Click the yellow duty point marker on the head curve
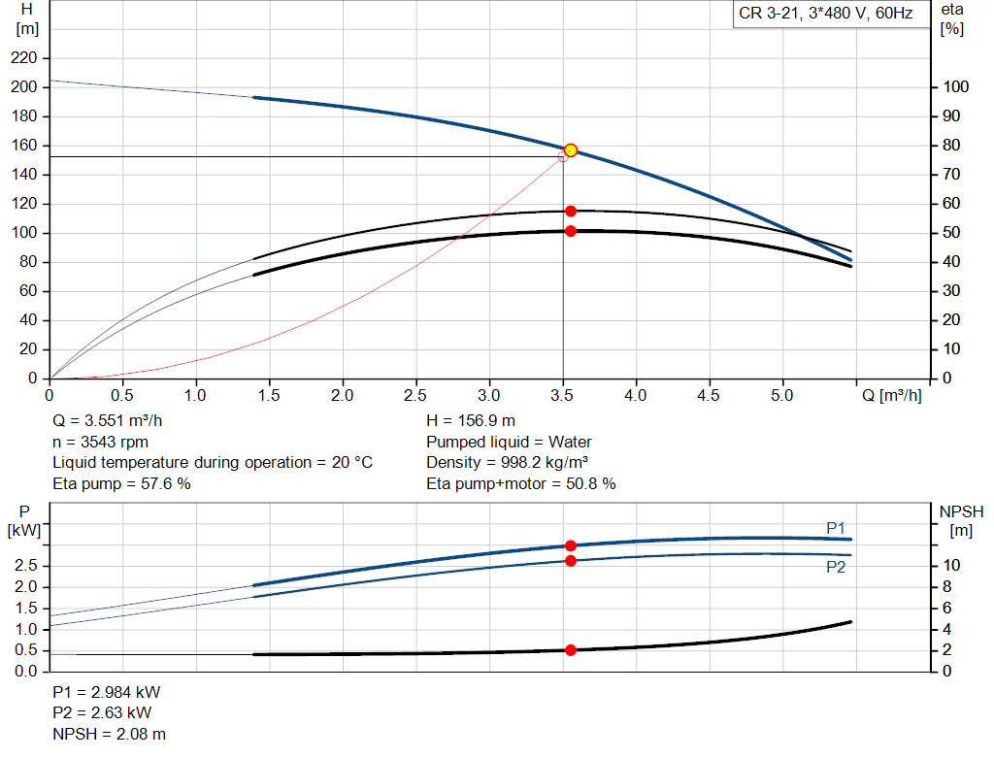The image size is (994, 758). (571, 149)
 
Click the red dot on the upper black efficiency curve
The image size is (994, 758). (571, 211)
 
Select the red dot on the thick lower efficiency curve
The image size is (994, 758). (571, 231)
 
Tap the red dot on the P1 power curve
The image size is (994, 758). (571, 545)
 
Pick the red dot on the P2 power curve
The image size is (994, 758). (571, 561)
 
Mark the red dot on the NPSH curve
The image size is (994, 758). (571, 650)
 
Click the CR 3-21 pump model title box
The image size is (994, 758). (824, 16)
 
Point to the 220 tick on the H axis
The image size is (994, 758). (25, 58)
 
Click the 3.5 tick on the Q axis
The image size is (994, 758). (563, 396)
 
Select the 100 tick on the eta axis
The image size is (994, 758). (955, 87)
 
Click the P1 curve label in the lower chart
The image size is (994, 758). (836, 527)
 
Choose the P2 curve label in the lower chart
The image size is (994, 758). (836, 568)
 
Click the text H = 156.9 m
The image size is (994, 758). (471, 421)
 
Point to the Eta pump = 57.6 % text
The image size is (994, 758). (121, 483)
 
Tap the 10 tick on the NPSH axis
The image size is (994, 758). (953, 565)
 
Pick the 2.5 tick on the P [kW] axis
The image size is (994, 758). (27, 566)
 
